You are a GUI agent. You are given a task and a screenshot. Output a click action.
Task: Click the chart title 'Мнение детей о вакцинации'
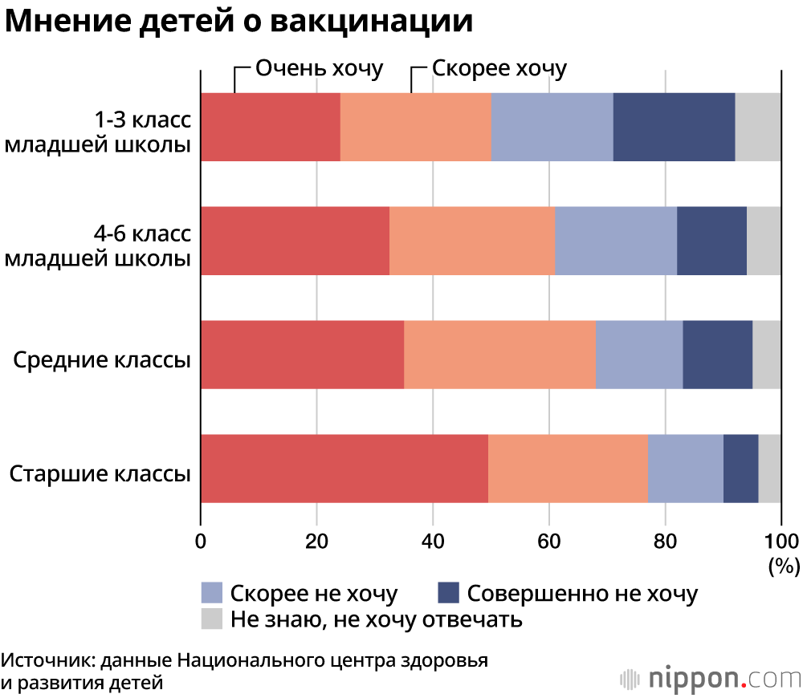click(x=238, y=22)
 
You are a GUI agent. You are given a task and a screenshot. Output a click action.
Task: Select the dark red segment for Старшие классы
click(x=344, y=469)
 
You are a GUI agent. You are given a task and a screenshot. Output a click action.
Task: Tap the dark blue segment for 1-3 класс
click(x=674, y=127)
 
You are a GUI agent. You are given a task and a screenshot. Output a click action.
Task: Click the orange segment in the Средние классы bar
click(x=499, y=355)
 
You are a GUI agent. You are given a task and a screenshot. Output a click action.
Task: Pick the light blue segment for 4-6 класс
click(x=616, y=241)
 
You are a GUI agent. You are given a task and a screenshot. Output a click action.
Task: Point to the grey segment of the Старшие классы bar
click(x=769, y=469)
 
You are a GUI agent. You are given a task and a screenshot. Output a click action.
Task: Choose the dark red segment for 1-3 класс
click(x=271, y=127)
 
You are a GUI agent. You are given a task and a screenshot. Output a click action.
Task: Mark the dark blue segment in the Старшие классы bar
click(x=740, y=469)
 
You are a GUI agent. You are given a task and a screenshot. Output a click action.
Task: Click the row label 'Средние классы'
click(x=102, y=359)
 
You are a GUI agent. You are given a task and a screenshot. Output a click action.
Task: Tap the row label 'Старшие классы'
click(x=100, y=473)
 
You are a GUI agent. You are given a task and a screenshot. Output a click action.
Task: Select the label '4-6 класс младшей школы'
click(x=98, y=246)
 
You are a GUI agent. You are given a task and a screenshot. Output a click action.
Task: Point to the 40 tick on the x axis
click(x=433, y=540)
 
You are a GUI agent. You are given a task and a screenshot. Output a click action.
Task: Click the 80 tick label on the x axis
click(x=665, y=540)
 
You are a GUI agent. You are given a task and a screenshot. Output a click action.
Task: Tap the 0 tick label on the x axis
click(x=201, y=540)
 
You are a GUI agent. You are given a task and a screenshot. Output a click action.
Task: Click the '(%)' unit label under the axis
click(x=784, y=566)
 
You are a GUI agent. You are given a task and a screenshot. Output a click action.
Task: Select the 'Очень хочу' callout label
click(x=319, y=67)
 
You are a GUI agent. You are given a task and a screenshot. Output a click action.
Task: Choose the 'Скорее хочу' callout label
click(x=499, y=67)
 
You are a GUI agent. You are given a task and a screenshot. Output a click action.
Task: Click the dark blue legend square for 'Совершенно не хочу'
click(x=447, y=593)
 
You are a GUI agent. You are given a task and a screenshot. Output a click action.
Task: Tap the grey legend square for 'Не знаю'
click(x=211, y=619)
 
